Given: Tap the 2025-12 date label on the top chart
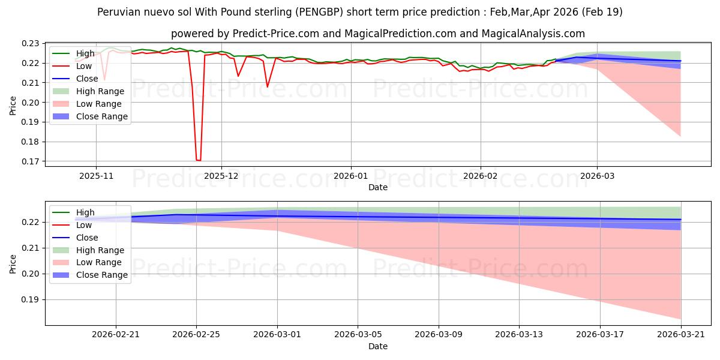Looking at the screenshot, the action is click(x=221, y=176).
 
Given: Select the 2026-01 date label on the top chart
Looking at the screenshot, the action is click(x=351, y=176).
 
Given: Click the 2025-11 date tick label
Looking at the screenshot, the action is click(x=96, y=176).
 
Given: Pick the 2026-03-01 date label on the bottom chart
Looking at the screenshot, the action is click(x=277, y=335).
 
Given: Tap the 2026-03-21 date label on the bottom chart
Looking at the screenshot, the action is click(x=681, y=335).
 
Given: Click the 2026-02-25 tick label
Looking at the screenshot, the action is click(x=196, y=335).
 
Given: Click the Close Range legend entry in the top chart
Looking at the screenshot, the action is click(x=90, y=116).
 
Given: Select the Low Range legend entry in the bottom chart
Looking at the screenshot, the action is click(x=87, y=262).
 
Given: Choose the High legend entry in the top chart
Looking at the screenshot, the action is click(x=73, y=53).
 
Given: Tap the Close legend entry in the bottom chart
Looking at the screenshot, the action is click(x=75, y=238).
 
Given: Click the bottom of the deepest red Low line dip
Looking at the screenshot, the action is click(x=199, y=160).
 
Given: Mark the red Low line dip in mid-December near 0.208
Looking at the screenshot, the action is click(x=268, y=87).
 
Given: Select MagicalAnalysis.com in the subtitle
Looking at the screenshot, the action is click(x=533, y=34).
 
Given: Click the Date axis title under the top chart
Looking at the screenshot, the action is click(x=377, y=187).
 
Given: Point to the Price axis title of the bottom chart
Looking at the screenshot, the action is click(x=13, y=264).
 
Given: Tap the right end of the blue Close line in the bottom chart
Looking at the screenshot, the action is click(x=681, y=220).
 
